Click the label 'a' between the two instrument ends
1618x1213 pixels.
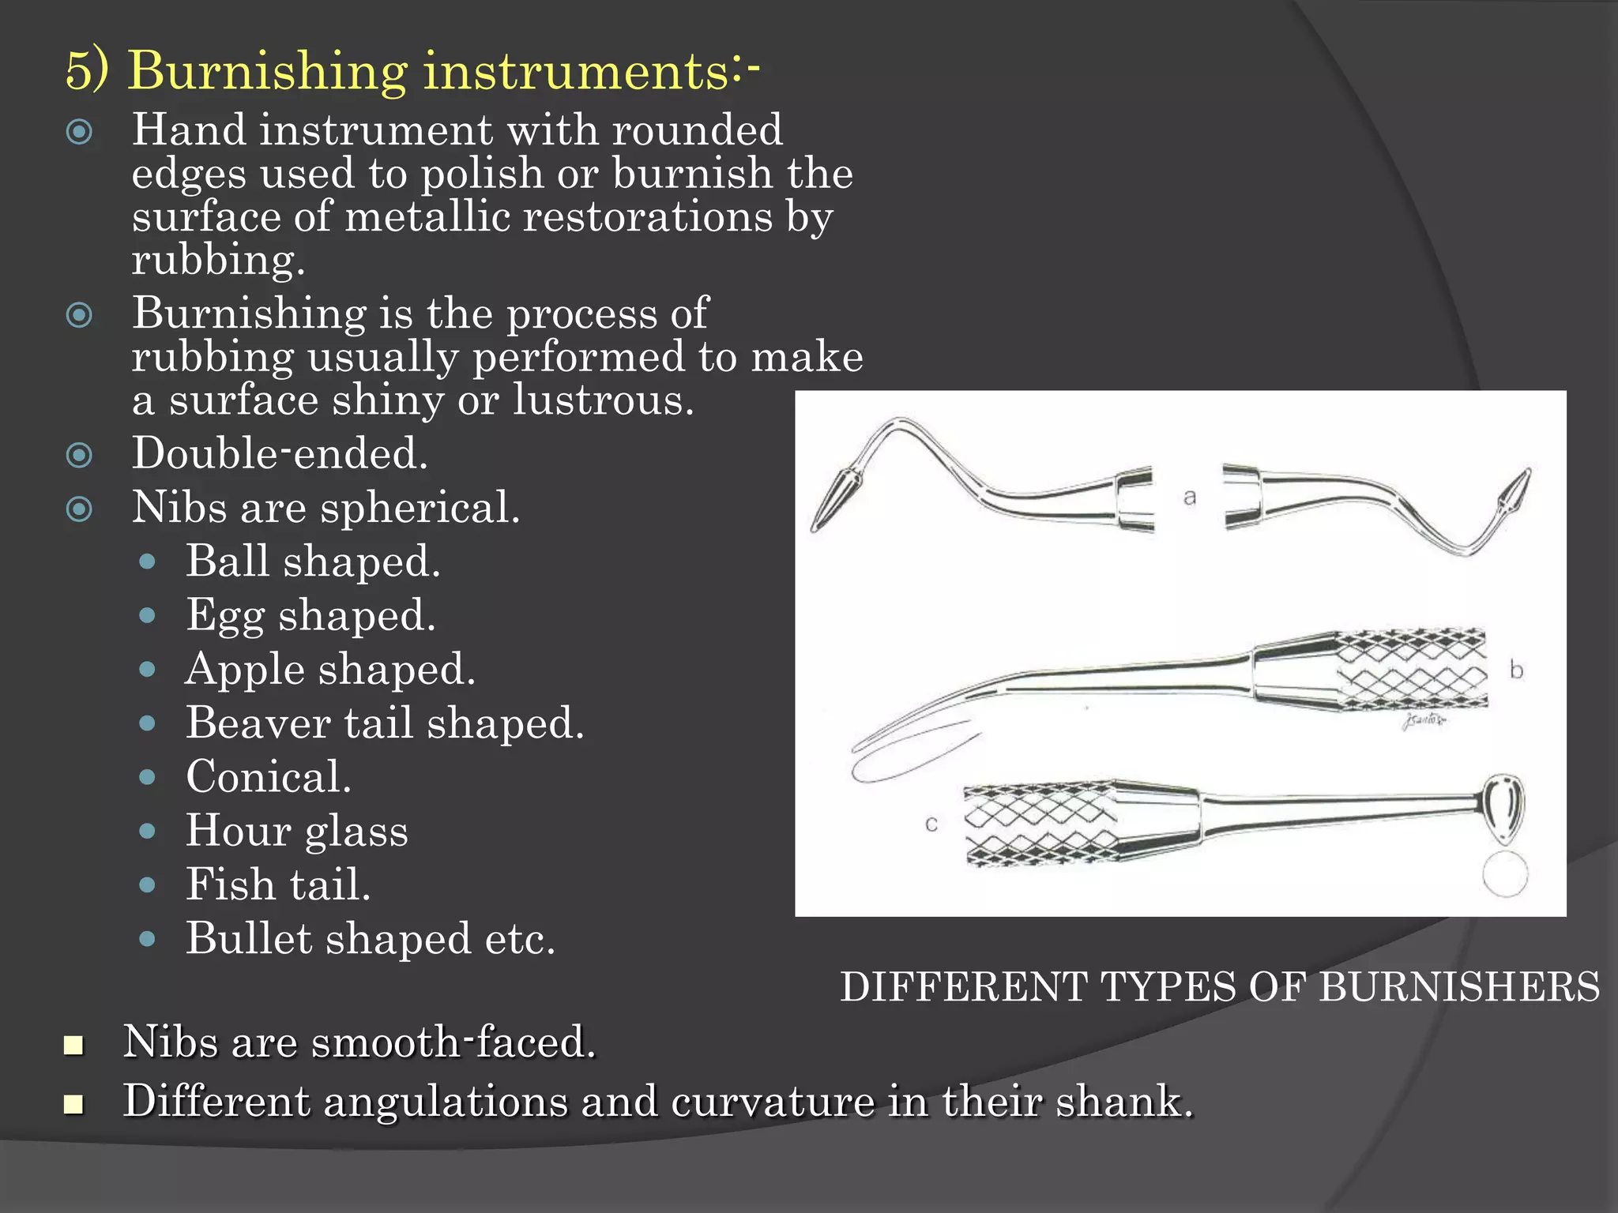click(1190, 498)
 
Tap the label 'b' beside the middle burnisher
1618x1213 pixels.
click(1516, 670)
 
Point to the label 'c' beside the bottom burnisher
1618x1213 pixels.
click(931, 824)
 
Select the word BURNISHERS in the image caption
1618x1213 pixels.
click(1460, 987)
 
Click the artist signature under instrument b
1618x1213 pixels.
click(1423, 720)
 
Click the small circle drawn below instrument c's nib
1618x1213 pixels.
click(1505, 874)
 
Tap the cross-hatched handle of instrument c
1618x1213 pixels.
click(1039, 825)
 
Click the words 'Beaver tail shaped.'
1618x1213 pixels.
click(385, 723)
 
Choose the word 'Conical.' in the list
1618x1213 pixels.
click(269, 776)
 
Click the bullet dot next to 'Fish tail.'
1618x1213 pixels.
click(147, 885)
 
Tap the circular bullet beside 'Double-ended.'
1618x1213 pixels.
click(79, 455)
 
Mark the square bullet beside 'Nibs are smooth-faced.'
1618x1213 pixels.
click(73, 1045)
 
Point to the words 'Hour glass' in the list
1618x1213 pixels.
click(297, 831)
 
